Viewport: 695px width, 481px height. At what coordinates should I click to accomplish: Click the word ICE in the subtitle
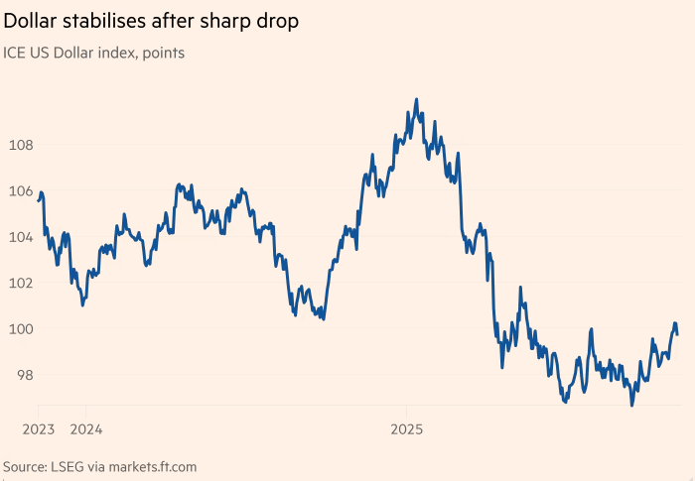[17, 52]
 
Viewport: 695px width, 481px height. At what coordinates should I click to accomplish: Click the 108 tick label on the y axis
[21, 145]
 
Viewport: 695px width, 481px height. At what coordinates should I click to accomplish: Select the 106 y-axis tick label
[21, 190]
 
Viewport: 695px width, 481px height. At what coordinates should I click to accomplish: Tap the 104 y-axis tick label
[21, 237]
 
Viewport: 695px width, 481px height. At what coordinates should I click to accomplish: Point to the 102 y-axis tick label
[21, 283]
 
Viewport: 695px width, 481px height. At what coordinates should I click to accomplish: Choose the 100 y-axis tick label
[21, 329]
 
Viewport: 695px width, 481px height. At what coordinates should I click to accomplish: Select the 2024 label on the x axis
[86, 430]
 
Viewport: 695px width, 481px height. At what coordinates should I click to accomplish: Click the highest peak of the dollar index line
[416, 99]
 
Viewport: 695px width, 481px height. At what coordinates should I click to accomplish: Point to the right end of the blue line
[677, 333]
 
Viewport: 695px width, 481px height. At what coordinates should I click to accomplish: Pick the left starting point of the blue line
[39, 200]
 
